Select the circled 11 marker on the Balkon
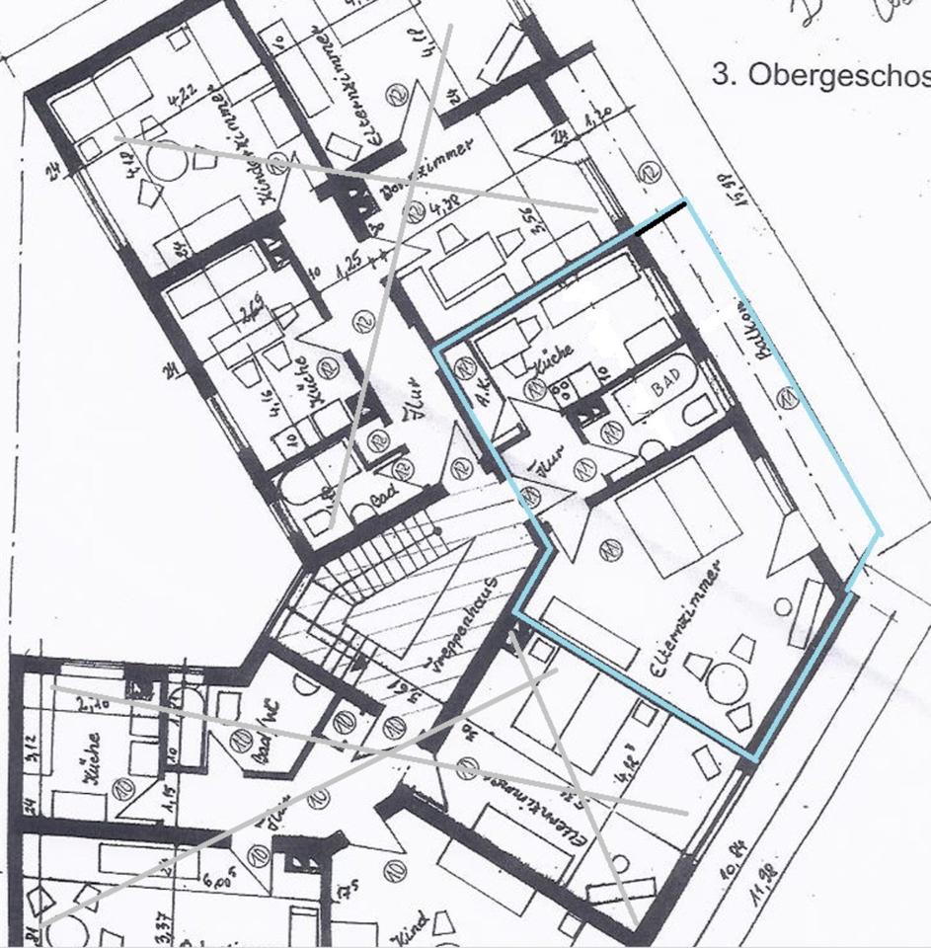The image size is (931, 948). [x=787, y=399]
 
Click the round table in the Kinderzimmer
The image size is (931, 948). [x=168, y=158]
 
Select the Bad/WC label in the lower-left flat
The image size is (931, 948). [x=261, y=733]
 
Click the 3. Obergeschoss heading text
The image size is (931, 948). [x=819, y=77]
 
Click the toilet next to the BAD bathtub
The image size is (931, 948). [x=699, y=408]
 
